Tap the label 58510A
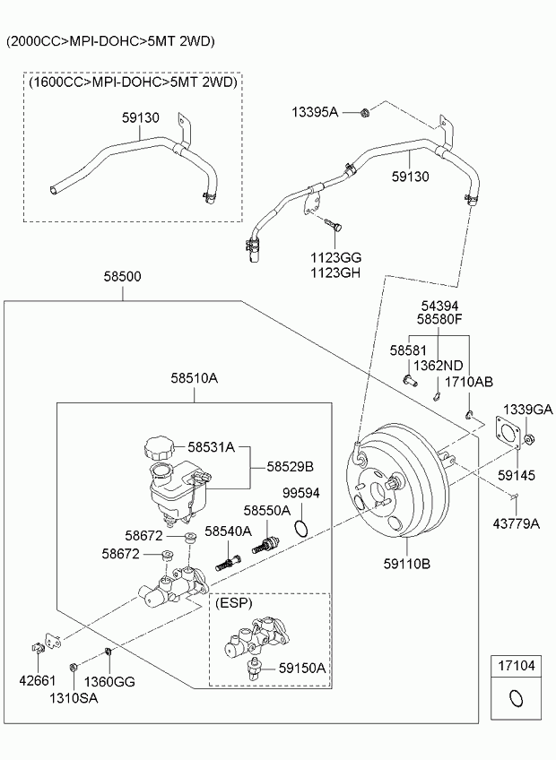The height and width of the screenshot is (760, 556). (x=194, y=378)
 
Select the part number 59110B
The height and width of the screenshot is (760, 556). (x=408, y=564)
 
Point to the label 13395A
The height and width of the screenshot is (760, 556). (x=314, y=112)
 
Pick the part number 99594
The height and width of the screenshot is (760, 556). (x=301, y=494)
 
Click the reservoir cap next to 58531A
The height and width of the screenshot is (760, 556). (x=163, y=447)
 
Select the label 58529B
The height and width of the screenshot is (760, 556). (x=290, y=467)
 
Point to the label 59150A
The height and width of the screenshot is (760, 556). (x=301, y=668)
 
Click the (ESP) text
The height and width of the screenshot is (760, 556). (x=234, y=603)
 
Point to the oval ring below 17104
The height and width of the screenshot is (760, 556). (x=516, y=698)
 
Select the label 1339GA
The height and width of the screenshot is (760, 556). (x=526, y=409)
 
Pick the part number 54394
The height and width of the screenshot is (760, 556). (x=439, y=306)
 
